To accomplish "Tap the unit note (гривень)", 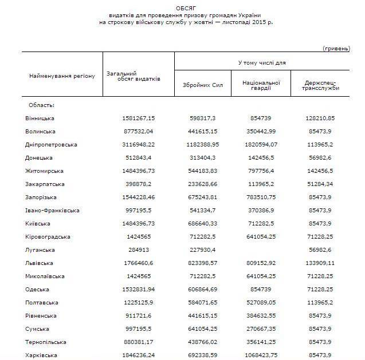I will tap(336, 48).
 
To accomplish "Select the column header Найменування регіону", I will tap(62, 76).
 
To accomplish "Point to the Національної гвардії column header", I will tap(261, 85).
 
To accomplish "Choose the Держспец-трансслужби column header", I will tap(320, 85).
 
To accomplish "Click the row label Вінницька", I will tap(40, 118).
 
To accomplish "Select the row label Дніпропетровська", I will tap(51, 144).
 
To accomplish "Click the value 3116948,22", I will tap(139, 144).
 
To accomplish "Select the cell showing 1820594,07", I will tap(261, 144).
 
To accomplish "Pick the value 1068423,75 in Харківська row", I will tap(261, 354).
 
